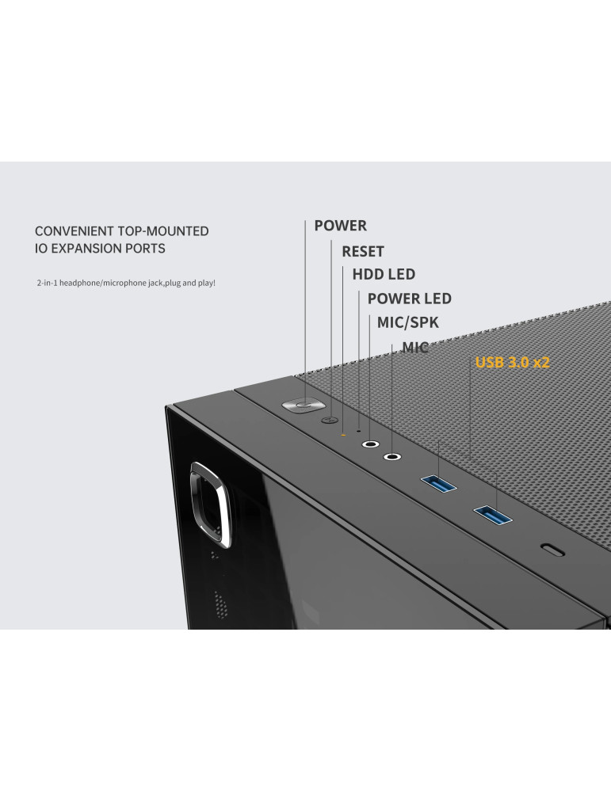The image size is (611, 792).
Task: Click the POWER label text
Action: click(x=340, y=225)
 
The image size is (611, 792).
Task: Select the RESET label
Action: click(x=363, y=251)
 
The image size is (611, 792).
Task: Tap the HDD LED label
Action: click(x=384, y=274)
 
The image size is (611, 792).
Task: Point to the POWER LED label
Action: click(x=410, y=299)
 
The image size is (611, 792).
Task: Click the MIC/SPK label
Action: click(x=408, y=322)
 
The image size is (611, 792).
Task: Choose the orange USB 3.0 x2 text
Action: click(x=512, y=362)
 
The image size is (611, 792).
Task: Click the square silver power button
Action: click(x=303, y=405)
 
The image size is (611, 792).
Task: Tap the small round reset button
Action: click(x=330, y=420)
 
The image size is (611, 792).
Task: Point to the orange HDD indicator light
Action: click(x=344, y=434)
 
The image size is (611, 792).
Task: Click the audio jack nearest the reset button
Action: click(x=370, y=444)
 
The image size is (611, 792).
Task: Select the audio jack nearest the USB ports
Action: click(x=392, y=457)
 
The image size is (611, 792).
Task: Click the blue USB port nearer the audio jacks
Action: click(x=439, y=484)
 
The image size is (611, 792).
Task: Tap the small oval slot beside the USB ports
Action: click(x=552, y=550)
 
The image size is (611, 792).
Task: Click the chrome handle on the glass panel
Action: click(x=210, y=504)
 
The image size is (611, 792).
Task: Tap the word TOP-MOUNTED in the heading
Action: click(x=163, y=231)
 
